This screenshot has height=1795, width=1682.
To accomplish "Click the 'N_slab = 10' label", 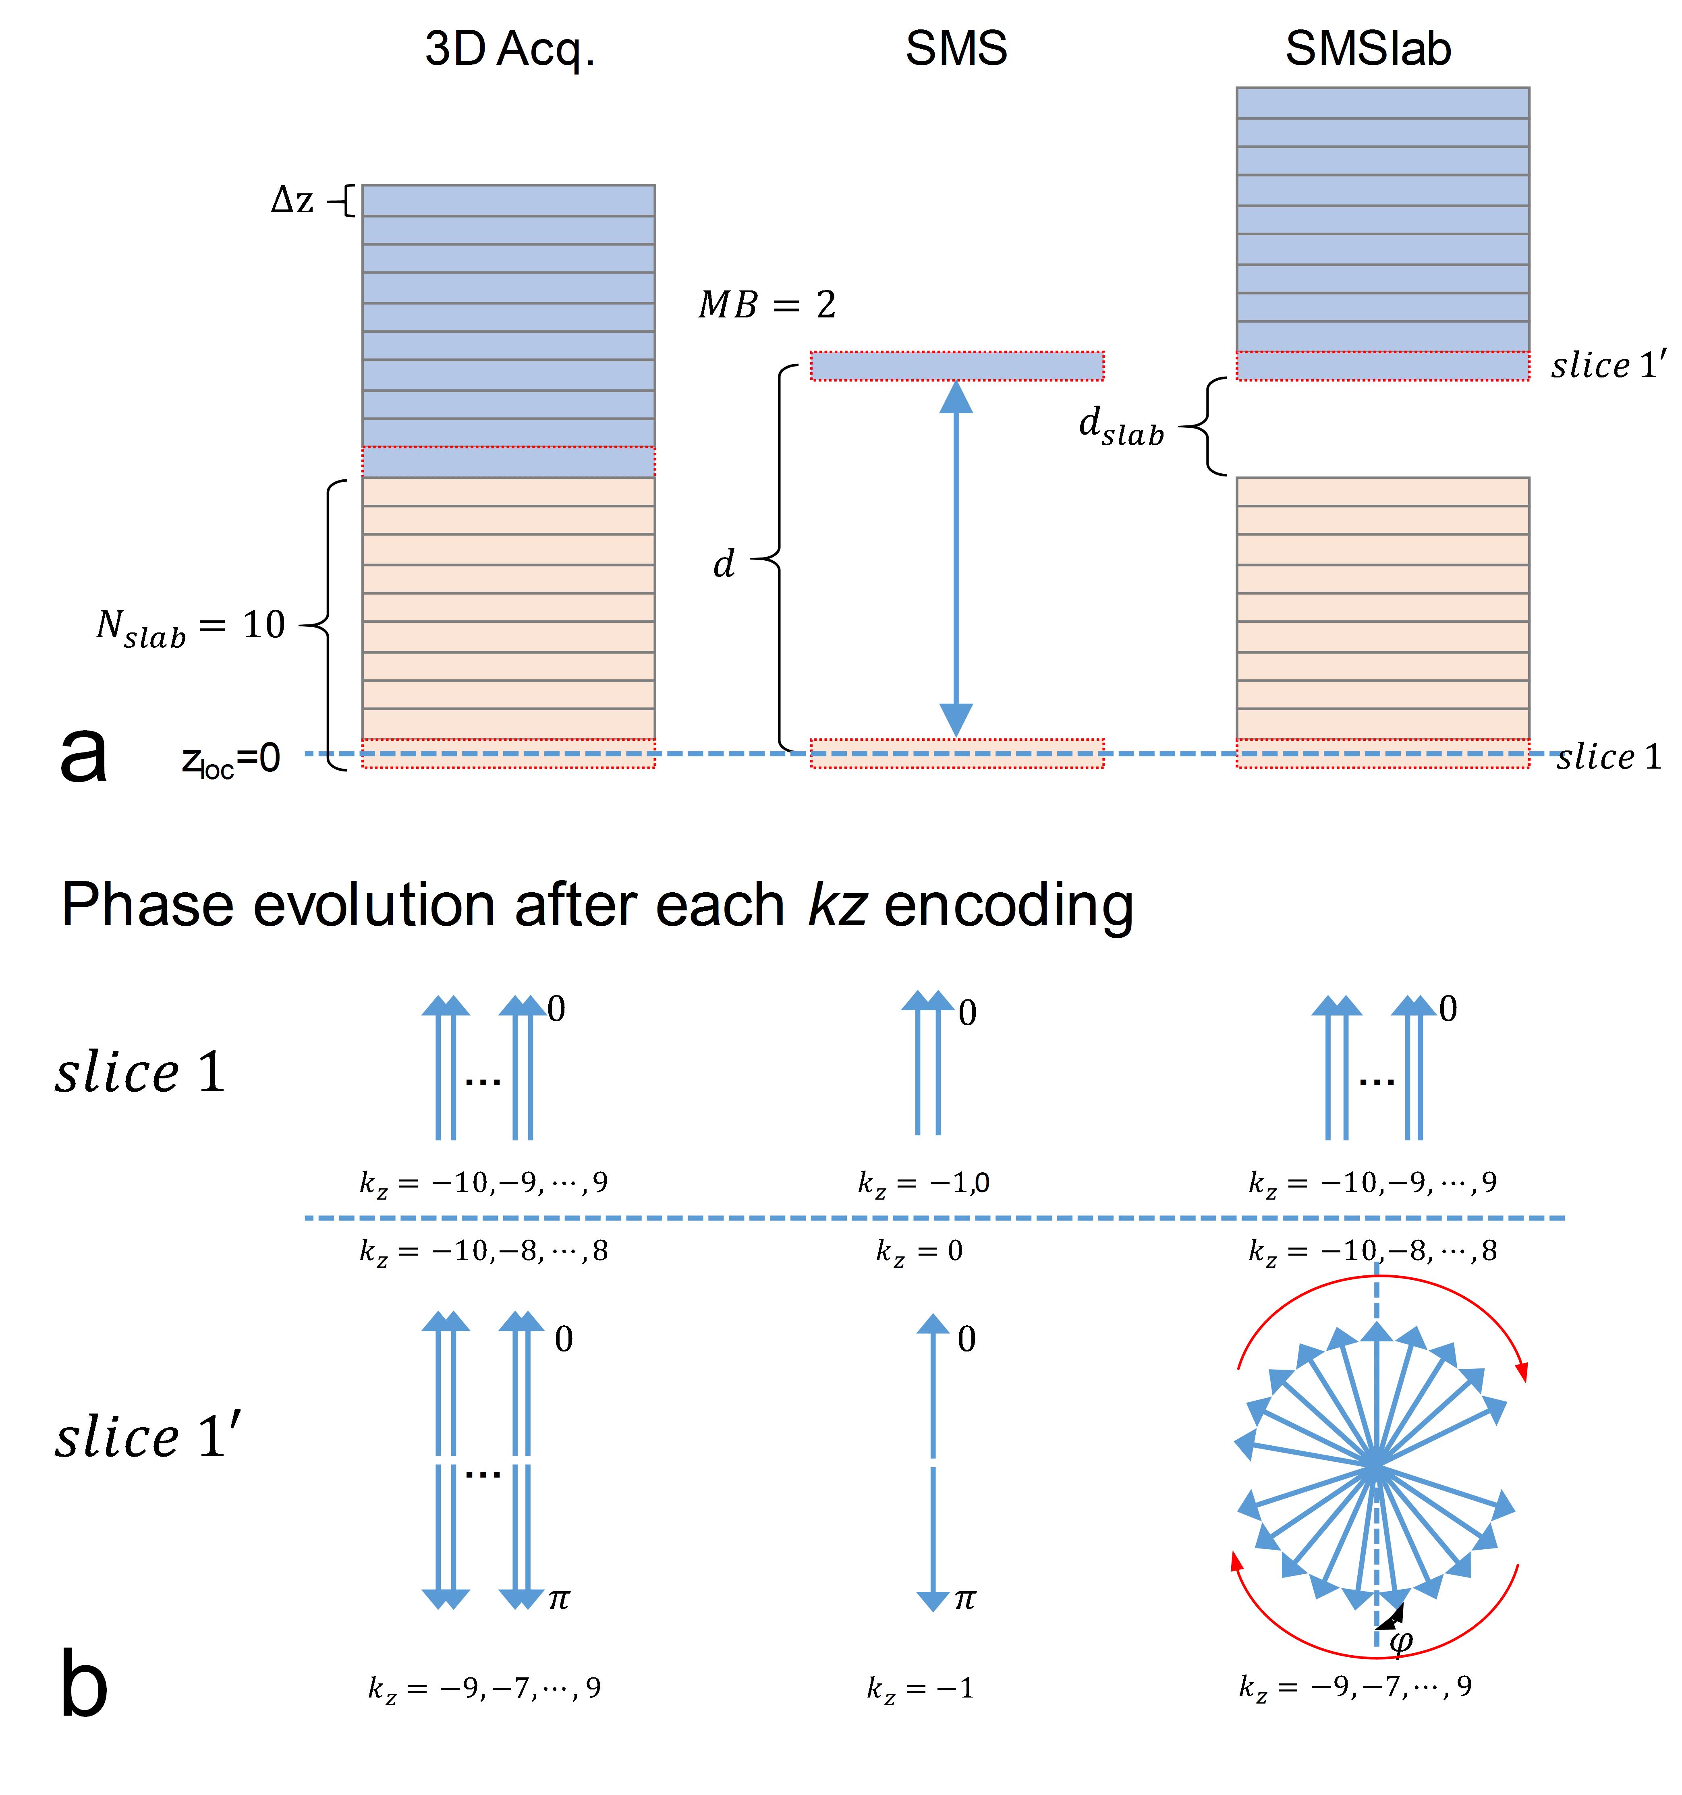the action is (x=191, y=626).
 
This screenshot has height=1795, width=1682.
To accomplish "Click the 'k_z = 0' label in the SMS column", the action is (x=919, y=1252).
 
